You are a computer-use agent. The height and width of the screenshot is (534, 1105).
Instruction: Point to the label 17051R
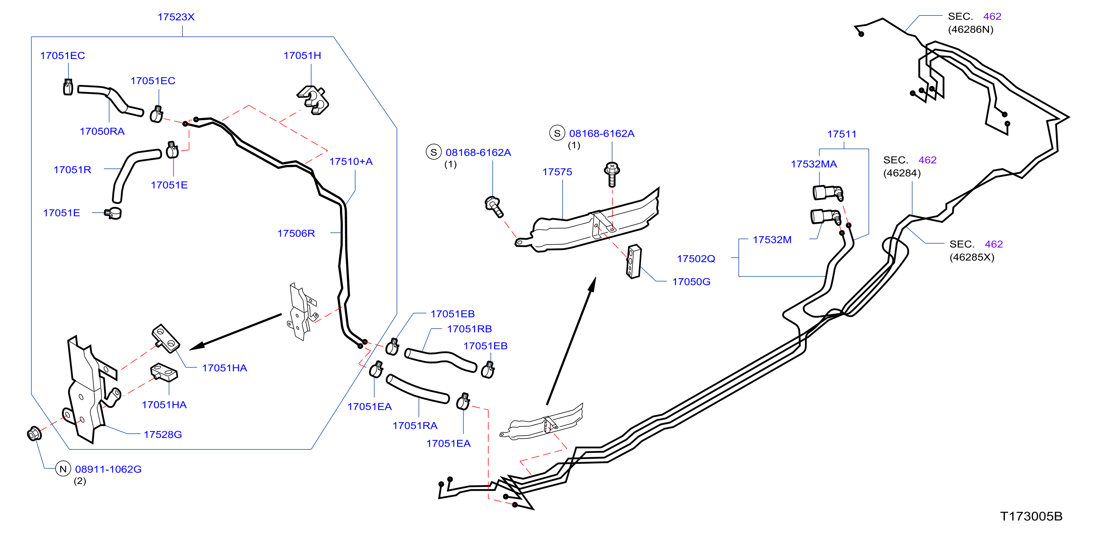(x=72, y=170)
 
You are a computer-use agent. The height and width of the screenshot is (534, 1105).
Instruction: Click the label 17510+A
(x=351, y=162)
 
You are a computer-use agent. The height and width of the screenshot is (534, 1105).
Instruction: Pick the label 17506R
(x=296, y=233)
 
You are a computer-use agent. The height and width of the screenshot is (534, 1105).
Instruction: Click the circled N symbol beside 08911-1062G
(x=63, y=469)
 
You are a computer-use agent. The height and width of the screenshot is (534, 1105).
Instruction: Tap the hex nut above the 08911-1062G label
(x=34, y=434)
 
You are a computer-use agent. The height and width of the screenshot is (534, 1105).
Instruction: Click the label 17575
(x=557, y=172)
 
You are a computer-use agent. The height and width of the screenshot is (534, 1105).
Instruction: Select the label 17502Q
(x=696, y=258)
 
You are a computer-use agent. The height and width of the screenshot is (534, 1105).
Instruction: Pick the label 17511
(x=842, y=134)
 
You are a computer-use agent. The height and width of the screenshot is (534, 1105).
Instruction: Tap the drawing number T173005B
(x=1031, y=516)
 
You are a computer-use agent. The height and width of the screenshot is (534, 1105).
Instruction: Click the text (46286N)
(x=971, y=29)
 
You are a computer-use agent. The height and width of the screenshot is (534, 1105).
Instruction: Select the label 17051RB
(x=469, y=329)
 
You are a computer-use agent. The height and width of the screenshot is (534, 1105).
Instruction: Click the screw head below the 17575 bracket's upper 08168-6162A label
(x=612, y=168)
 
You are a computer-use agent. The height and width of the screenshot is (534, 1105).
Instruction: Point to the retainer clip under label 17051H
(x=313, y=100)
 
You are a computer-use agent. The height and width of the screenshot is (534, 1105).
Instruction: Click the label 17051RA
(x=415, y=426)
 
